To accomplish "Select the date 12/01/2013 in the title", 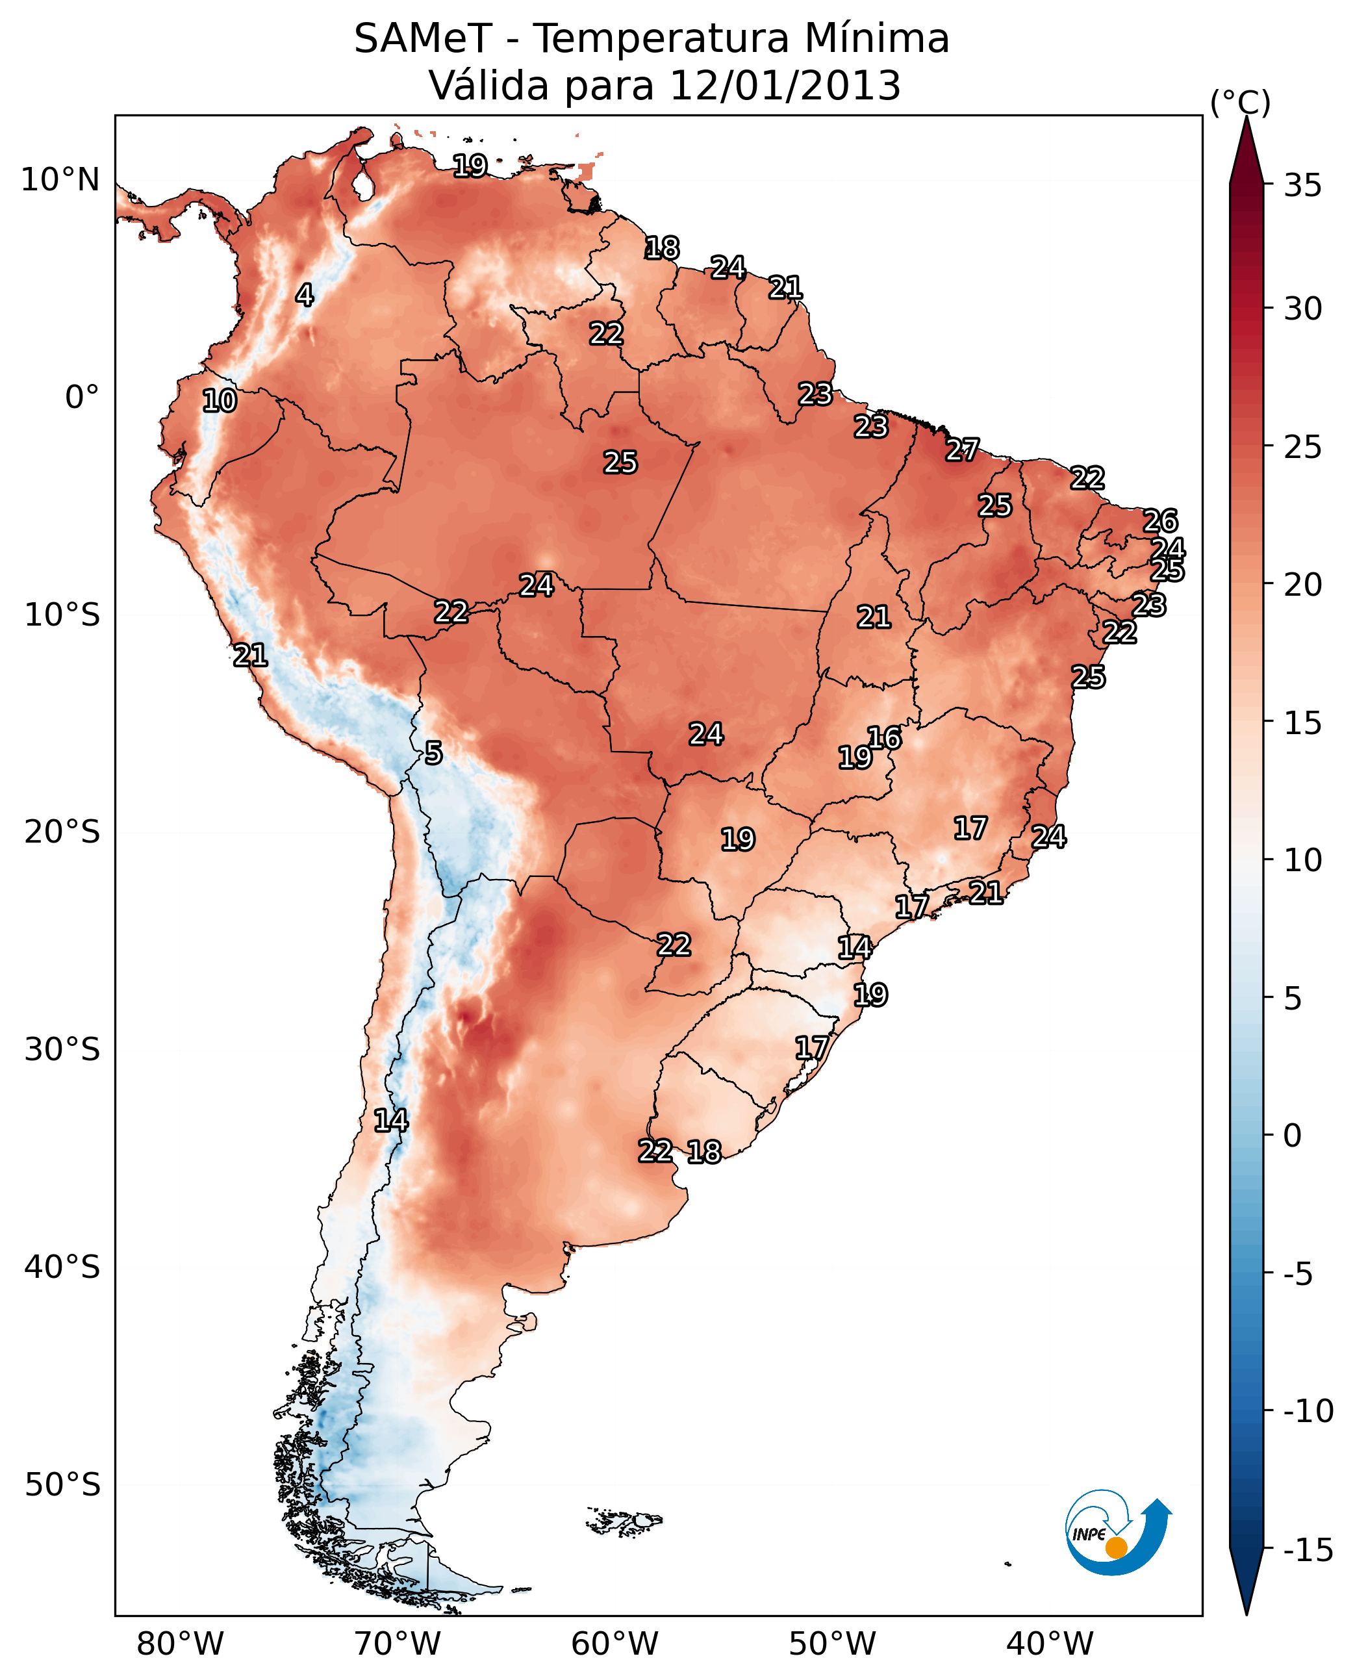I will click(x=785, y=86).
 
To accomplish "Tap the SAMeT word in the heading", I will click(x=423, y=39).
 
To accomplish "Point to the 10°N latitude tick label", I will click(x=60, y=181).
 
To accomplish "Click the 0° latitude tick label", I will click(x=82, y=398).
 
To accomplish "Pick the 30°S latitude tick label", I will click(x=62, y=1050).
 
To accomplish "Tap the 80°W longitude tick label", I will click(x=181, y=1644).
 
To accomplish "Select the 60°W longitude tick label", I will click(x=615, y=1644).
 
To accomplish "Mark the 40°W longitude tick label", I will click(x=1050, y=1644).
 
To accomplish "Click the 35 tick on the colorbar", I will click(x=1302, y=186).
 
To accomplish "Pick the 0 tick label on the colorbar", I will click(x=1293, y=1136).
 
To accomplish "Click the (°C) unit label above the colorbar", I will click(x=1240, y=102).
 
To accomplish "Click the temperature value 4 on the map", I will click(x=305, y=295).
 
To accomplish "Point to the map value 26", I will click(x=1160, y=521).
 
